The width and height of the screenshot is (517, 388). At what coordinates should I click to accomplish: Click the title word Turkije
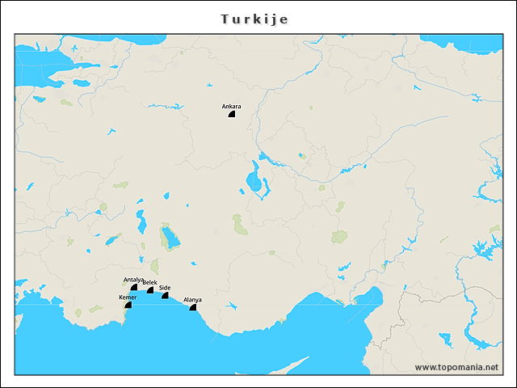[x=254, y=18]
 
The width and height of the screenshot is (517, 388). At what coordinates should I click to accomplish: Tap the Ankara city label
[x=231, y=107]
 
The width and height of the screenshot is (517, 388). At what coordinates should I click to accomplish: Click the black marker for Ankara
[x=232, y=115]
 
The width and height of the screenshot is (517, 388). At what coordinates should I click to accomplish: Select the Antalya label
[x=133, y=280]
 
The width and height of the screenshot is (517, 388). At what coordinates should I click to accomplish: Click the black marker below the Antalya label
[x=134, y=287]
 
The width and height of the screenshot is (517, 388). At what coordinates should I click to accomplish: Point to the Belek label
[x=149, y=282]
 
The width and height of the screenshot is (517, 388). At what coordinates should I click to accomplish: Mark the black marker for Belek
[x=150, y=290]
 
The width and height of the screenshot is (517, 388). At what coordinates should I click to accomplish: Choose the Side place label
[x=165, y=288]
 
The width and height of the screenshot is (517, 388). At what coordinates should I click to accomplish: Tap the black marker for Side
[x=166, y=296]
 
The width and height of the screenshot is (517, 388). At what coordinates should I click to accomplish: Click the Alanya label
[x=192, y=300]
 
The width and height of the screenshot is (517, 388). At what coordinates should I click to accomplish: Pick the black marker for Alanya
[x=193, y=308]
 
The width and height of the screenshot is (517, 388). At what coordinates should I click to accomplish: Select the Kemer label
[x=128, y=297]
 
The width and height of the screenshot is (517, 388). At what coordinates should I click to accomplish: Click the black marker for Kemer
[x=128, y=305]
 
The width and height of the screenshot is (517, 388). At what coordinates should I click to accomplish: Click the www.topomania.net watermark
[x=456, y=367]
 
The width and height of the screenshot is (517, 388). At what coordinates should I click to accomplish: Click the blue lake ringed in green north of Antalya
[x=170, y=238]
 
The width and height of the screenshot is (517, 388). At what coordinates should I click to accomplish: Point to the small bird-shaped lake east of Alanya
[x=231, y=306]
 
